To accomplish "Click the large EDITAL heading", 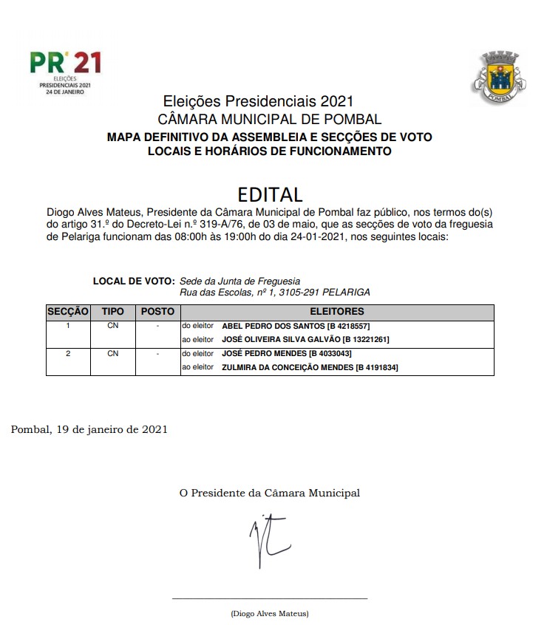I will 270,194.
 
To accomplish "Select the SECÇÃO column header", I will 68,312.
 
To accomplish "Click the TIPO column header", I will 113,312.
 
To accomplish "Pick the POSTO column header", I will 157,312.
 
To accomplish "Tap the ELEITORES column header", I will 337,312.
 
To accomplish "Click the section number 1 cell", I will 68,326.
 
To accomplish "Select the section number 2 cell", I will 68,354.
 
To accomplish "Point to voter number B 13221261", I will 365,340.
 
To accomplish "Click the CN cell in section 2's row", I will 113,354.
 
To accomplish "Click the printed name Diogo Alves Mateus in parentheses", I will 270,614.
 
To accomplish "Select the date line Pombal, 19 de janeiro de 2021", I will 89,429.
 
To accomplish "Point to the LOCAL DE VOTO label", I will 133,281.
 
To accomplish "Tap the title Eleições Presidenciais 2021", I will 258,101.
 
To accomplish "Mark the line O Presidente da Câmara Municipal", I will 270,493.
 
